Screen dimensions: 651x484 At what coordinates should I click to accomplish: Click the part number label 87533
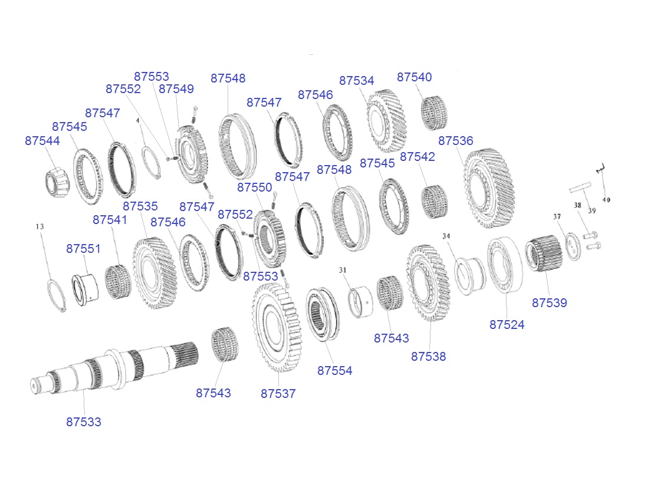84,422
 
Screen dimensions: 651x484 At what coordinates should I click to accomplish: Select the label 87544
42,141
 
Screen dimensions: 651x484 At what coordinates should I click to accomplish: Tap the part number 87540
415,77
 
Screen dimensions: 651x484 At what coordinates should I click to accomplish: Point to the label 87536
456,141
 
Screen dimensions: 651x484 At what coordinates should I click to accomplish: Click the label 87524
507,325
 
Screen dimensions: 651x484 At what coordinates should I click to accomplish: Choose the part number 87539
550,302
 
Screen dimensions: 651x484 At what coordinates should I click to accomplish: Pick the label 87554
334,371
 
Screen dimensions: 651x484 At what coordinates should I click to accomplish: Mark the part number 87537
278,394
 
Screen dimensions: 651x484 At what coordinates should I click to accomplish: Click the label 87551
84,249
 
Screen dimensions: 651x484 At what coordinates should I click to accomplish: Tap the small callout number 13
40,226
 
